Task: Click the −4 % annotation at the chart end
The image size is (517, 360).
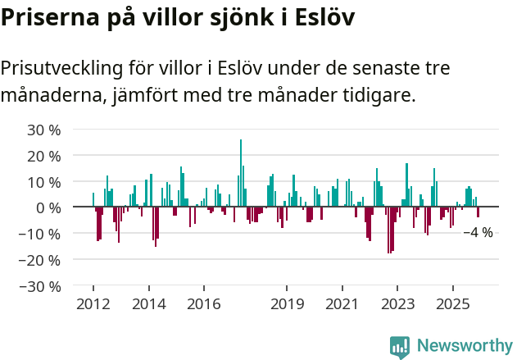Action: [x=478, y=233]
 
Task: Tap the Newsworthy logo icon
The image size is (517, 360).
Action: [x=400, y=346]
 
